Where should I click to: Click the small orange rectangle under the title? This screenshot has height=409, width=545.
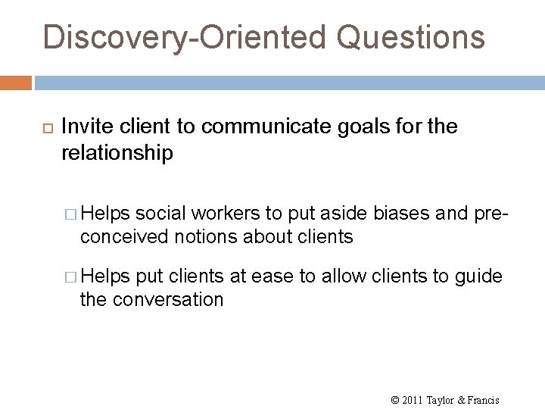click(16, 81)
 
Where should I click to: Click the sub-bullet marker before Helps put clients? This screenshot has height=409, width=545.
click(72, 277)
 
